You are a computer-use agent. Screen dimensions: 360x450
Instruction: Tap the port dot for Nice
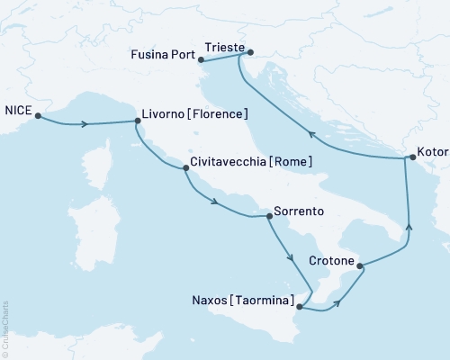pyautogui.click(x=38, y=114)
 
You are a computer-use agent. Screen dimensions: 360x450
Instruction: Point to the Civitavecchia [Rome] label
pyautogui.click(x=251, y=162)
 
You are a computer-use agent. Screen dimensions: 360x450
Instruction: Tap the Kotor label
pyautogui.click(x=432, y=152)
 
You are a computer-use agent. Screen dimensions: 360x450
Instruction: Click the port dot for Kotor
pyautogui.click(x=411, y=157)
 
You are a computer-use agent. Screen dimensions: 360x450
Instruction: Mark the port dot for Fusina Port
pyautogui.click(x=202, y=60)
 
